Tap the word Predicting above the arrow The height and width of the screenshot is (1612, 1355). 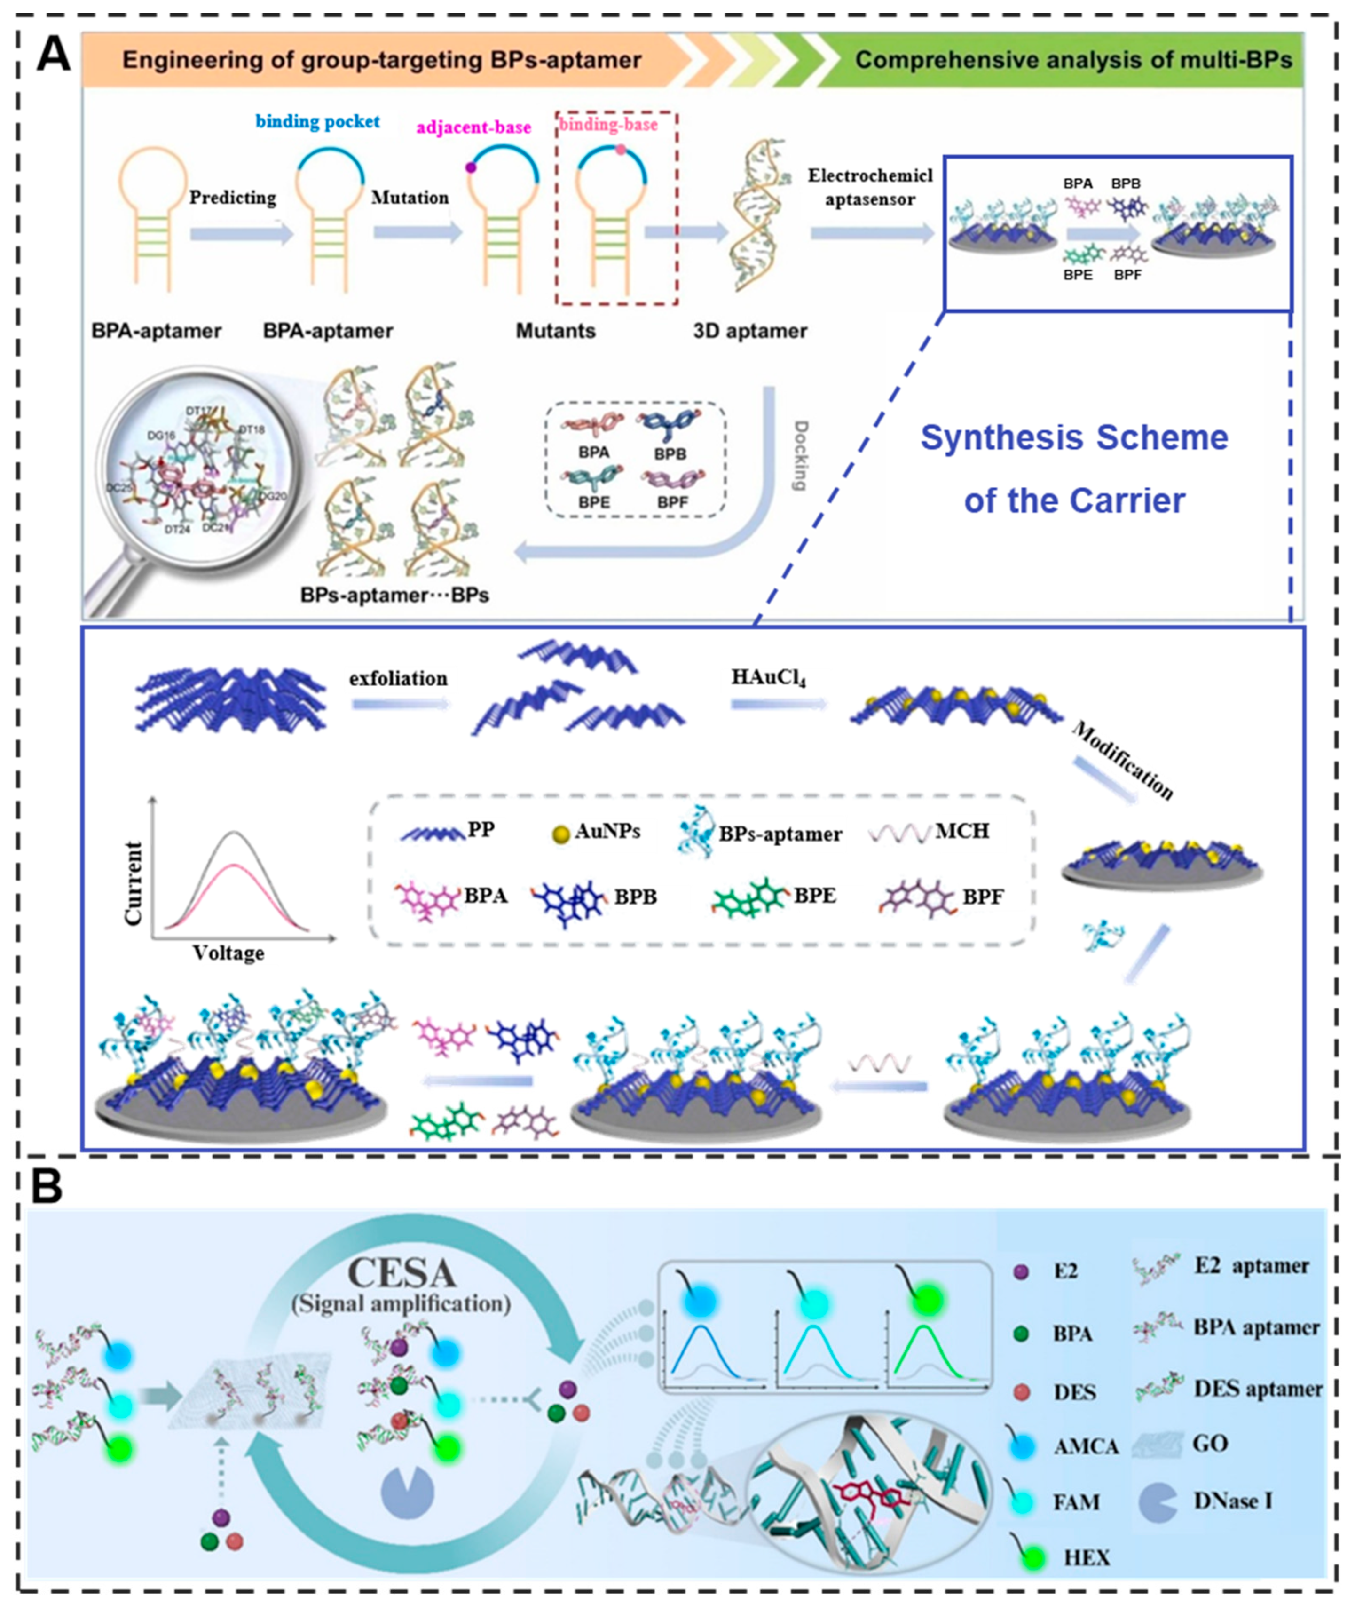pyautogui.click(x=233, y=198)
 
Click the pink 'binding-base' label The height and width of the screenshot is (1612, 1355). pyautogui.click(x=608, y=125)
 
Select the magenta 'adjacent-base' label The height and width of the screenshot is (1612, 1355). pyautogui.click(x=474, y=127)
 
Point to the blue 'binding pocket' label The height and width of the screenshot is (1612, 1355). pyautogui.click(x=317, y=121)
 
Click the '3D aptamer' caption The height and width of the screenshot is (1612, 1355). pyautogui.click(x=750, y=331)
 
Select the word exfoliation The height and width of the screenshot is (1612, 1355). pyautogui.click(x=398, y=678)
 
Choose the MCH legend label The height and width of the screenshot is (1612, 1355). pyautogui.click(x=962, y=831)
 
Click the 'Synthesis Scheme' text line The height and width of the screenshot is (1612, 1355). pyautogui.click(x=1074, y=438)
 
